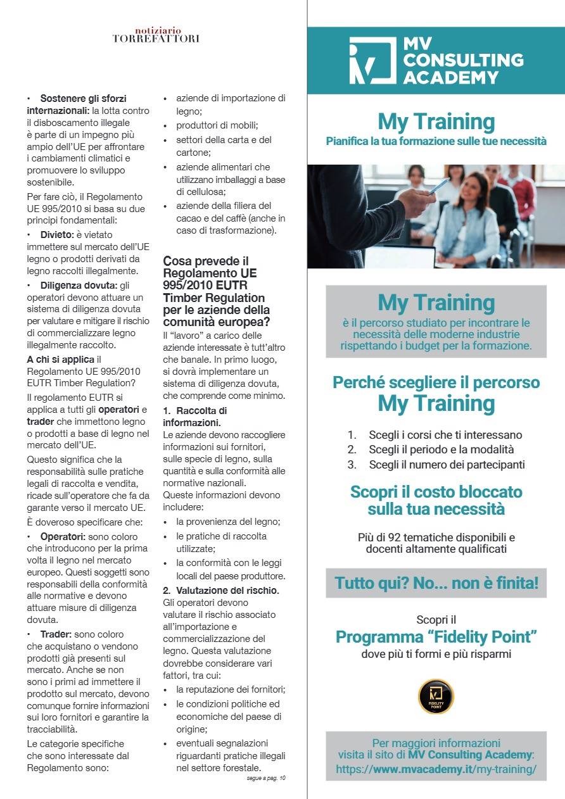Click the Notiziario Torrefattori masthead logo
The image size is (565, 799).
tap(156, 35)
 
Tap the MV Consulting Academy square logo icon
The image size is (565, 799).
tap(372, 61)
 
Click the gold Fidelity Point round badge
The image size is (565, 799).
tap(436, 696)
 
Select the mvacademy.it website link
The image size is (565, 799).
tap(436, 769)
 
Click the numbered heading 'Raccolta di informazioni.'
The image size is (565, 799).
tap(196, 416)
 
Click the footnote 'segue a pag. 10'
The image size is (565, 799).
tap(266, 778)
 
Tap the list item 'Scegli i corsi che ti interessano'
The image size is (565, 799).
tap(445, 435)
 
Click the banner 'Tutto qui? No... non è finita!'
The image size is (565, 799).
tap(436, 583)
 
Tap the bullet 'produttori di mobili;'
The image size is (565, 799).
tap(215, 125)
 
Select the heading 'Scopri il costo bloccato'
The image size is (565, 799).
tap(436, 492)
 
